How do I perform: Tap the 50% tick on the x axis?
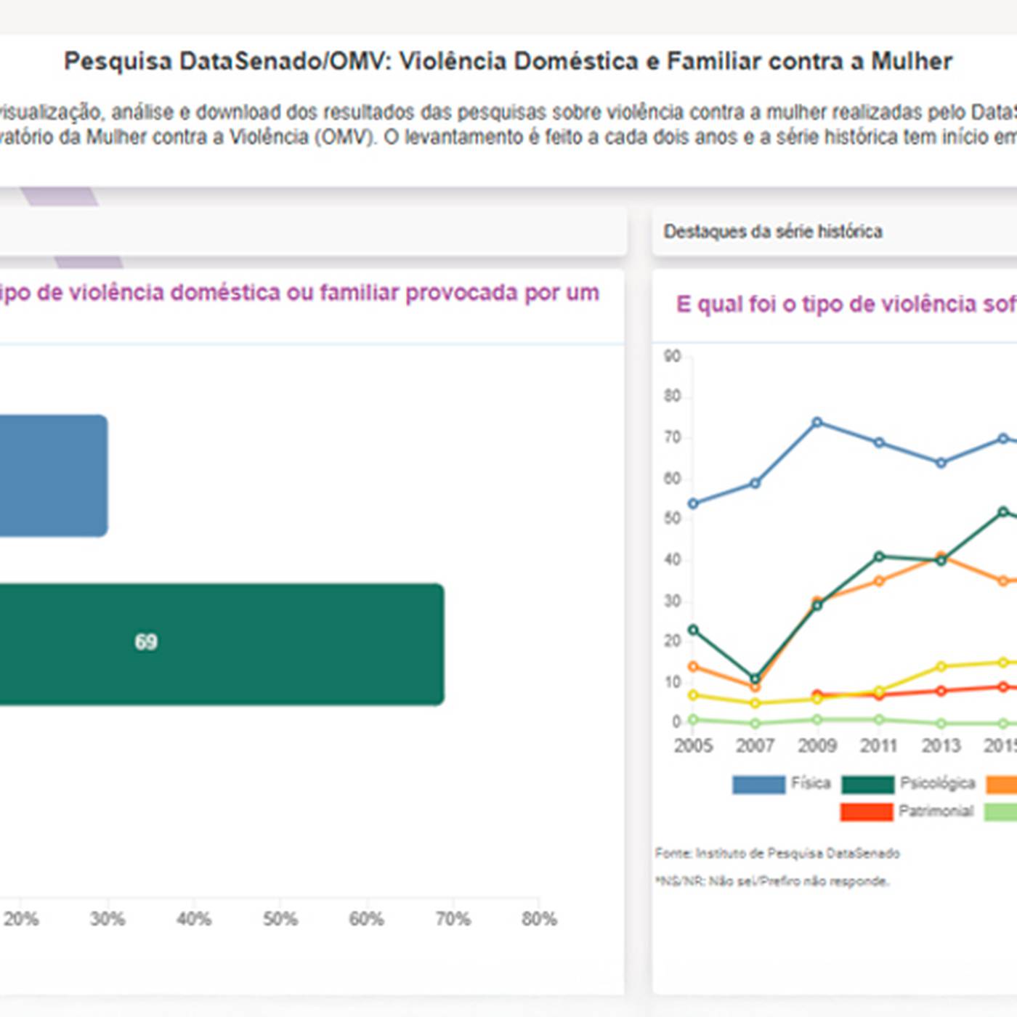(x=280, y=919)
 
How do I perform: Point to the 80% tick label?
(x=539, y=919)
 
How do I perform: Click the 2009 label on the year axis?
(x=817, y=745)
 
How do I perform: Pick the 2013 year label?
(x=941, y=745)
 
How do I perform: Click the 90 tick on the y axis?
(x=672, y=356)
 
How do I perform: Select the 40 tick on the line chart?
(x=672, y=559)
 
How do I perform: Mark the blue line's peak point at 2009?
(x=817, y=422)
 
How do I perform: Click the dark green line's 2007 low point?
(x=755, y=678)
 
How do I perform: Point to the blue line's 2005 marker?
(x=693, y=503)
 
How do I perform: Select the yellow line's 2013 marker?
(x=941, y=666)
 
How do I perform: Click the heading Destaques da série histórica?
(x=773, y=232)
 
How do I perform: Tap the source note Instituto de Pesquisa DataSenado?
(x=777, y=853)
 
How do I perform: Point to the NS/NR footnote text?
(x=772, y=881)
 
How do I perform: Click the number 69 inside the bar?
(x=146, y=642)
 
